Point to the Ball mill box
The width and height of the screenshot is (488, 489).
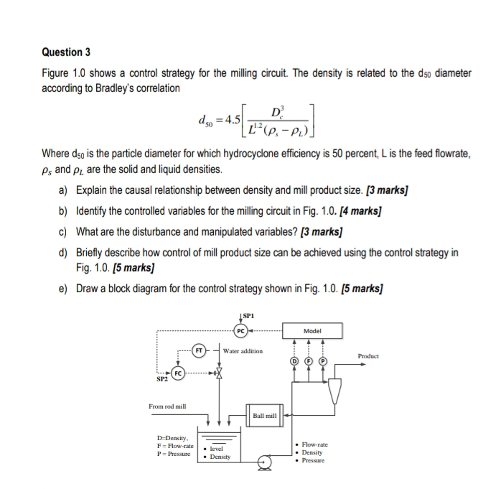click(264, 415)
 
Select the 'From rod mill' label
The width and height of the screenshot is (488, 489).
click(167, 406)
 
